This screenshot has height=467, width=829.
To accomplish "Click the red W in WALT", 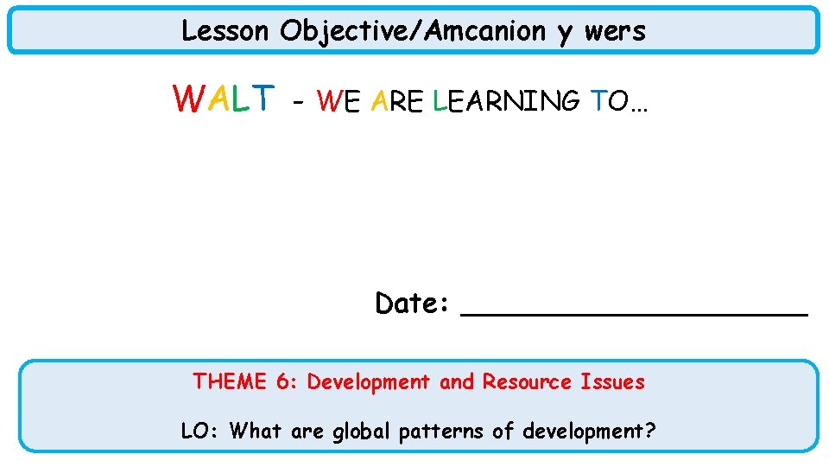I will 188,99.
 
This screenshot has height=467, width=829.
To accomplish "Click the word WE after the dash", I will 339,102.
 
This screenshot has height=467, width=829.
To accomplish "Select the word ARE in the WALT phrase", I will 396,102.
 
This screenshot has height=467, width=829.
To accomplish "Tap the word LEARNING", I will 506,102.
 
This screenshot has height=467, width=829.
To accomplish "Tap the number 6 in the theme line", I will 284,381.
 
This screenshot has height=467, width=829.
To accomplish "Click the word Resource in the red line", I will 527,381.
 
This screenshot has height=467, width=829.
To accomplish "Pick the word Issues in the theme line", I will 612,381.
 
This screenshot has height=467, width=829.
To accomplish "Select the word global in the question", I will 362,430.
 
